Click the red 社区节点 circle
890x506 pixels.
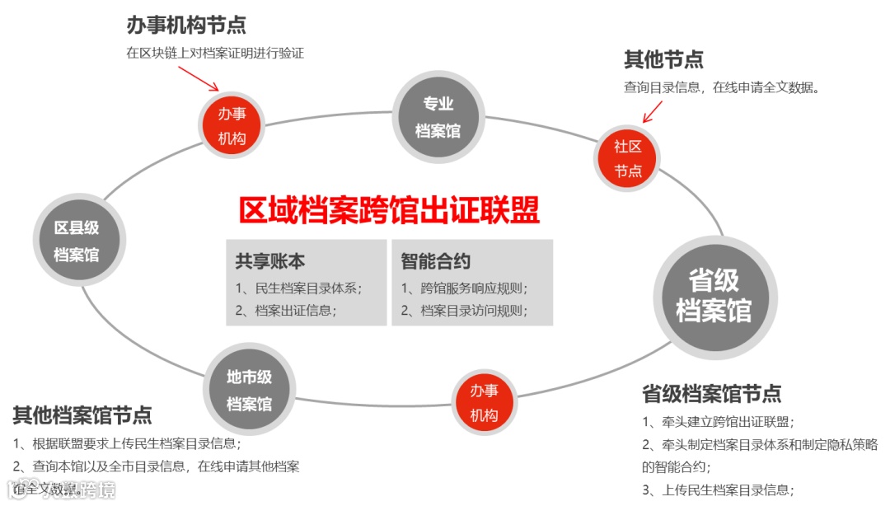tap(628, 158)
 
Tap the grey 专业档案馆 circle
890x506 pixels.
tap(438, 116)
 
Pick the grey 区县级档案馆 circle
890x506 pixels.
tap(77, 241)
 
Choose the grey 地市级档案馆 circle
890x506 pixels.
tap(249, 390)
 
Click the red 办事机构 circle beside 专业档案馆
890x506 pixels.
tap(232, 125)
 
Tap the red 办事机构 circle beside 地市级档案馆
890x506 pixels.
tap(484, 402)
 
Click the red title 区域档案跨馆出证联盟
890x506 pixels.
tap(389, 210)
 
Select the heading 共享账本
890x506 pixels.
tap(270, 261)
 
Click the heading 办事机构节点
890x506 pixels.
tap(186, 26)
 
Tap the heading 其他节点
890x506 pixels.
tap(663, 59)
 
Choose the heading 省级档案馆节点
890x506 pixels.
tap(711, 393)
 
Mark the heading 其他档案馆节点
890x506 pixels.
tap(82, 415)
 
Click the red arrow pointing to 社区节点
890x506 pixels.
tap(653, 111)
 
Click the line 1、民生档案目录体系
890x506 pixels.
tap(299, 288)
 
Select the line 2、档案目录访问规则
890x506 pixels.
tap(465, 311)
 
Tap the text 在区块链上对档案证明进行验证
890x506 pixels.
tap(215, 54)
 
